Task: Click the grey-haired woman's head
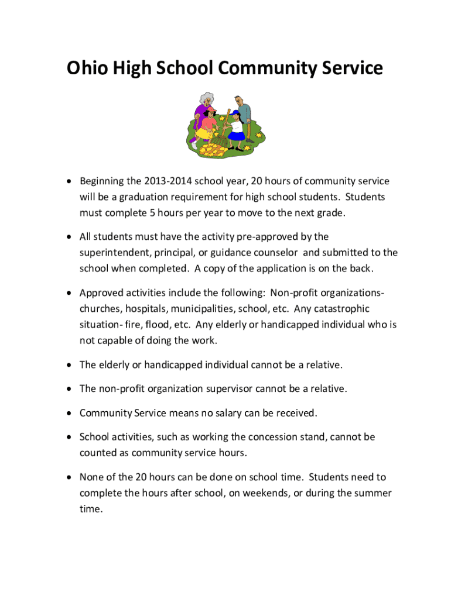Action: pyautogui.click(x=206, y=100)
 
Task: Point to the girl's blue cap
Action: pyautogui.click(x=235, y=113)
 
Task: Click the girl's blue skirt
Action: pyautogui.click(x=236, y=136)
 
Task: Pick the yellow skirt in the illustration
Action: pyautogui.click(x=203, y=134)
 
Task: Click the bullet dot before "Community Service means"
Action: pyautogui.click(x=69, y=414)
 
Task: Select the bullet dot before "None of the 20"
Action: pyautogui.click(x=69, y=477)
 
